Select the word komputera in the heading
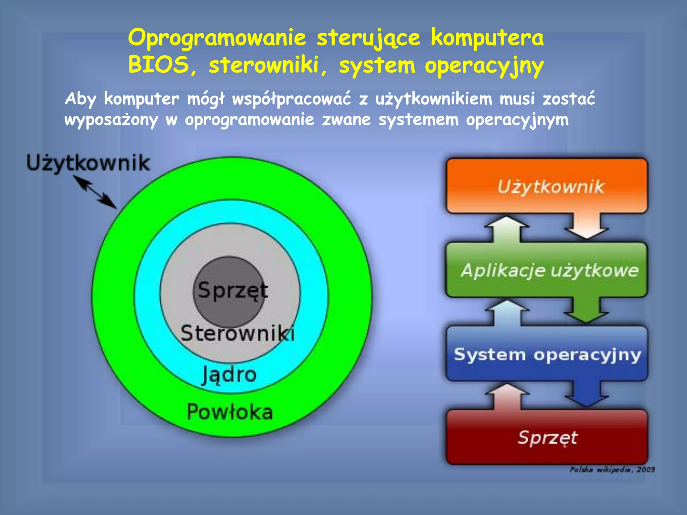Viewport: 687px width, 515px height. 487,37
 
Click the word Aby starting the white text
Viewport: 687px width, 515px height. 81,99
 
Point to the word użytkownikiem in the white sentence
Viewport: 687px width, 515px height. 433,99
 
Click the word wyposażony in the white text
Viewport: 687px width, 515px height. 111,120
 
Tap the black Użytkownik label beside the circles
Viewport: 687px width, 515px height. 88,163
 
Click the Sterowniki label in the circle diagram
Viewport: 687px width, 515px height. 237,333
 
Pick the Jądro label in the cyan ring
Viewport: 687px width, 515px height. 229,375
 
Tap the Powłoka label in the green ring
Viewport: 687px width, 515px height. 230,412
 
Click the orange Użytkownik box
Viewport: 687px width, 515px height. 547,186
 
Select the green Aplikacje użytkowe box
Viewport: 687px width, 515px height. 547,270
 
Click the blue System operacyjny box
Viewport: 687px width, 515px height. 547,354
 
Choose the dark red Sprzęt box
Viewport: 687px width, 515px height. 547,438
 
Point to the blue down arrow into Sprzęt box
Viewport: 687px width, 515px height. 586,394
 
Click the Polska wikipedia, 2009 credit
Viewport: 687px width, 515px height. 612,469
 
